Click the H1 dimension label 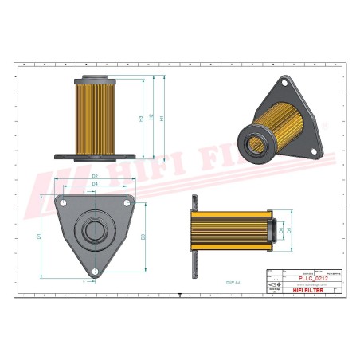pyautogui.click(x=163, y=119)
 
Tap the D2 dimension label pyautogui.click(x=95, y=176)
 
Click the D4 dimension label pyautogui.click(x=95, y=184)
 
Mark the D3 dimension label pyautogui.click(x=143, y=237)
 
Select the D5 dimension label pyautogui.click(x=290, y=230)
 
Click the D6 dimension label pyautogui.click(x=281, y=230)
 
